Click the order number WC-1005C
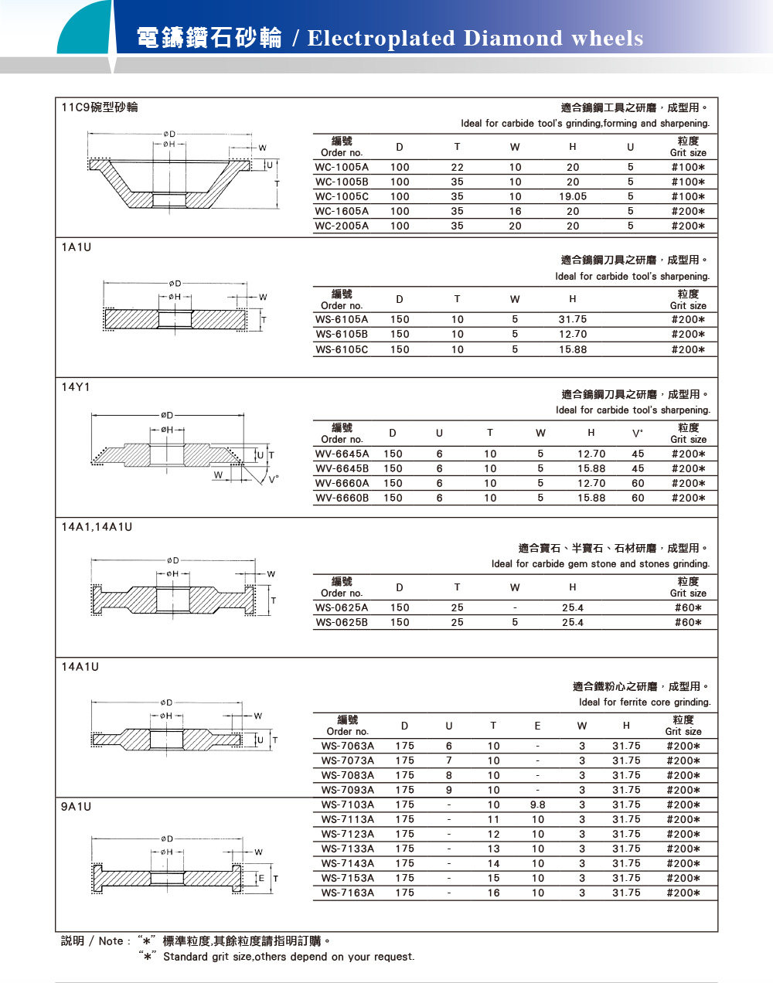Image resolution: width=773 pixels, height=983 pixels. coord(342,196)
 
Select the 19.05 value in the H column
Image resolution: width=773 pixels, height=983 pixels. coord(573,196)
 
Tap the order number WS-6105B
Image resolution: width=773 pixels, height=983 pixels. coord(342,334)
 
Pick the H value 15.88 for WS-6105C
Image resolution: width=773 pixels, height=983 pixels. coord(573,349)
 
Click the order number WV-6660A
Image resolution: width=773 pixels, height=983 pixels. coord(342,483)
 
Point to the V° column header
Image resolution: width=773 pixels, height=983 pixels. coord(638,434)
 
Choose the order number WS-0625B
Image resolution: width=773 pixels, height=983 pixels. coord(342,622)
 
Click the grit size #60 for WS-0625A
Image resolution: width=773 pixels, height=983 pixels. coord(688,607)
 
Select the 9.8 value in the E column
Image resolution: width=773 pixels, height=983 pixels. coord(538,804)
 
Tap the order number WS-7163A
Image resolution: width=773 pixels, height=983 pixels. coord(348,893)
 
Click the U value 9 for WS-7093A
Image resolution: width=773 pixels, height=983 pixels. coord(449,790)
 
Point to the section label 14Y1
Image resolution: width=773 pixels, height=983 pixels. coord(76,386)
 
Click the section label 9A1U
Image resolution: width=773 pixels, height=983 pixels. coord(76,806)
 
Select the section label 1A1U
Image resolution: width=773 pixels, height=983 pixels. coord(76,247)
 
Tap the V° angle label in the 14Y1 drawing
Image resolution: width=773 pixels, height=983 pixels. coord(274,478)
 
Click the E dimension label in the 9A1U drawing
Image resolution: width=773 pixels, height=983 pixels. coord(261,879)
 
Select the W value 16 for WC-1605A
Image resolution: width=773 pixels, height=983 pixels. coord(516,211)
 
